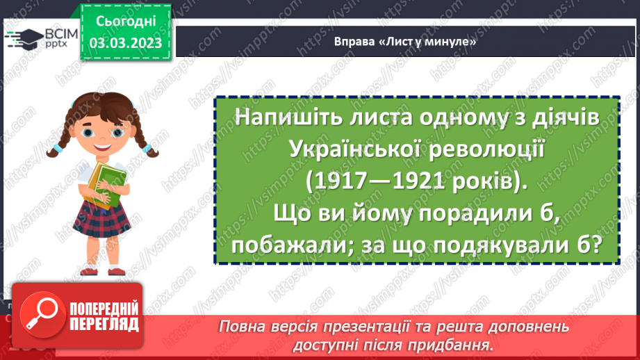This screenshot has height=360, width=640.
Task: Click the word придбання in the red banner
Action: [462, 345]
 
